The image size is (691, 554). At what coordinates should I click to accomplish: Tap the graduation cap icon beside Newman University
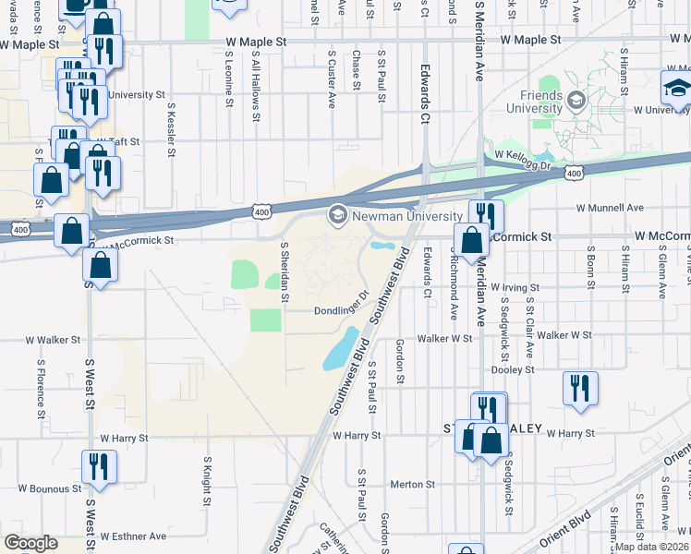(336, 215)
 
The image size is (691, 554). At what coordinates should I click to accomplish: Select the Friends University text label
(534, 102)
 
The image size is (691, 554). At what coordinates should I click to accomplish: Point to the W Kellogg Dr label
(522, 160)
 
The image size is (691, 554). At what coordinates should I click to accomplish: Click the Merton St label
(412, 484)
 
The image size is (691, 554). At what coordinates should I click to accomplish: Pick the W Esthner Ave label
(133, 536)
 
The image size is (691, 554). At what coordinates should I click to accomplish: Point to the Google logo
(30, 542)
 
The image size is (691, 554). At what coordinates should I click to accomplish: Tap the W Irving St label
(514, 288)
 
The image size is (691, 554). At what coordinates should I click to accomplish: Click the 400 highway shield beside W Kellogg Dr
(574, 174)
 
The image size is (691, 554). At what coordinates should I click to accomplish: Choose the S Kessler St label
(171, 129)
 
